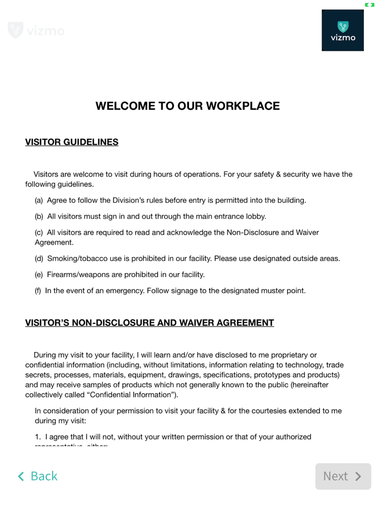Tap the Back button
coord(38,476)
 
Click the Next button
coord(343,476)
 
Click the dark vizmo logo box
coord(343,30)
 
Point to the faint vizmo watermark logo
coord(36,31)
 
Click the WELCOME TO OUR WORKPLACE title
coord(187,106)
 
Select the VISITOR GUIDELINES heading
coord(71,143)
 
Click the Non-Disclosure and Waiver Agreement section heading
coord(149,323)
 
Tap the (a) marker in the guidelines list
coord(39,201)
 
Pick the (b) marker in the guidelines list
coord(39,217)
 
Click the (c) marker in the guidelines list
coord(39,233)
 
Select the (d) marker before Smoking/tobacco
coord(39,259)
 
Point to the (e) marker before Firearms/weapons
coord(39,275)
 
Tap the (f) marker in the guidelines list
coord(38,291)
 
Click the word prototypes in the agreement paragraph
coord(276,375)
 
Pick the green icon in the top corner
coord(369,5)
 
